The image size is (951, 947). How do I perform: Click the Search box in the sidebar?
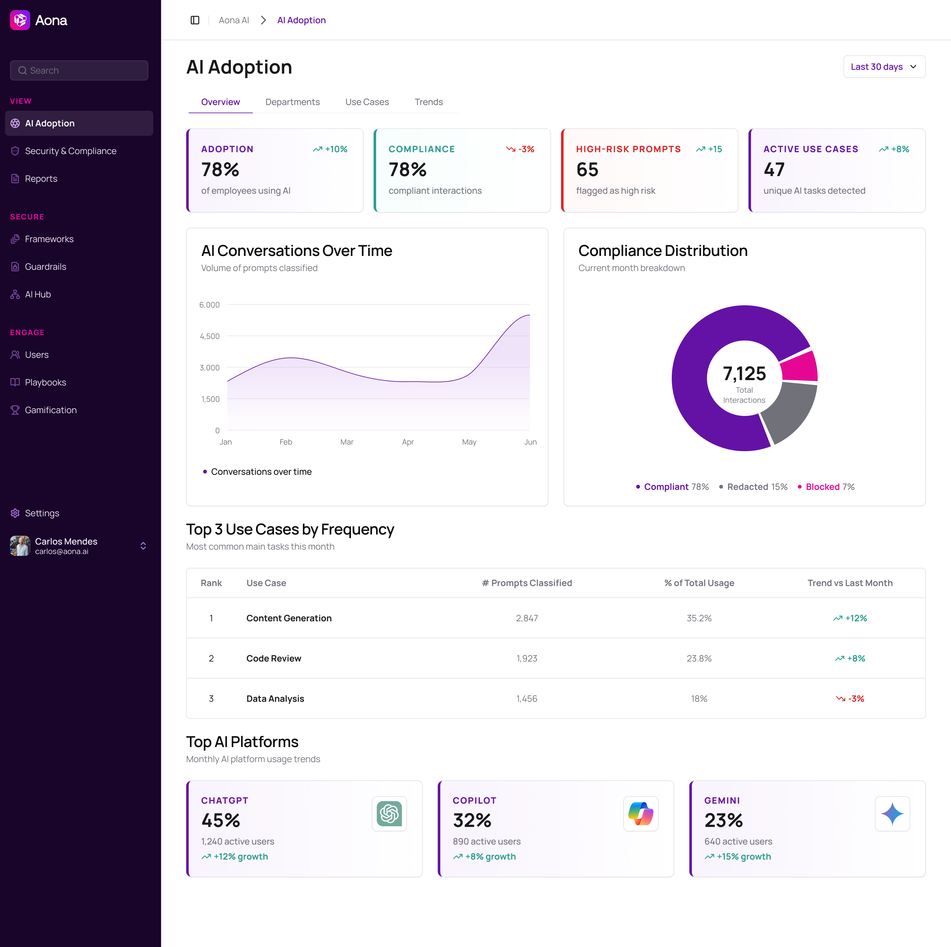(79, 70)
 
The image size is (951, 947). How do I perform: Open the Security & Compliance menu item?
(70, 151)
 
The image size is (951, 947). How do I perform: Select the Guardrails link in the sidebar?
(45, 267)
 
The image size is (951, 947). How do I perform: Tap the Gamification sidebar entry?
(51, 410)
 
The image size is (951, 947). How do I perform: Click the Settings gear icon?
(15, 513)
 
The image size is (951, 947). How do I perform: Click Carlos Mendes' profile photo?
(20, 546)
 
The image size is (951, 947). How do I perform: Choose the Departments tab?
(292, 102)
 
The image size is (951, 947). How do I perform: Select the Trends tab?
(428, 102)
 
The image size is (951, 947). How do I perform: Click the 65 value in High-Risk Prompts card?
(587, 170)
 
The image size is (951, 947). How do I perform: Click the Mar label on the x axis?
(347, 442)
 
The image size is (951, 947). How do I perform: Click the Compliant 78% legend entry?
(672, 487)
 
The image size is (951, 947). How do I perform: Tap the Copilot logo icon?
(640, 814)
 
